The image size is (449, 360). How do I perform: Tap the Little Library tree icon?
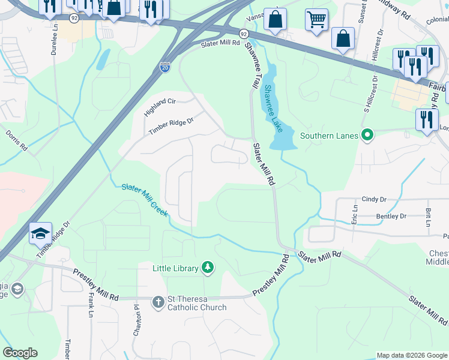(207, 268)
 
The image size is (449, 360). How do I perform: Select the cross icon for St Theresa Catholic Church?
(158, 302)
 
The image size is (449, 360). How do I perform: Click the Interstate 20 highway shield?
(164, 68)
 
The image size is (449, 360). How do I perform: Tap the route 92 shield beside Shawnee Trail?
(243, 34)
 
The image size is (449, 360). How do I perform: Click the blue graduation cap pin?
(40, 233)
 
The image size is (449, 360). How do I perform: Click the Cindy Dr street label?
(373, 199)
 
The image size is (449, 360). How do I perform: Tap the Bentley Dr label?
(391, 216)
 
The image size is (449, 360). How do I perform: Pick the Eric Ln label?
(355, 214)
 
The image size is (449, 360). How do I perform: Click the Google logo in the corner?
(20, 353)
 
